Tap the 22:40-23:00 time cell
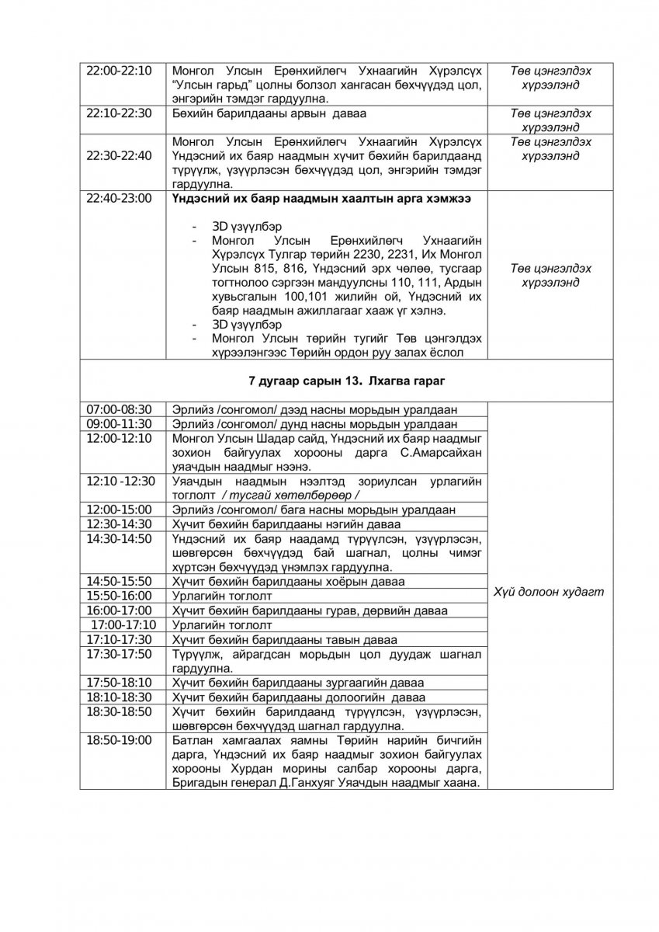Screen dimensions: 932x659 click(x=120, y=199)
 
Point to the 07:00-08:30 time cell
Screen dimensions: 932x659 click(x=120, y=409)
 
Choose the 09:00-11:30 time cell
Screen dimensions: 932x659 click(x=120, y=424)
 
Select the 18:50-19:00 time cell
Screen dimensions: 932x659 click(x=120, y=740)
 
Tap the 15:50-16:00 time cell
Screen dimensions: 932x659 click(x=120, y=596)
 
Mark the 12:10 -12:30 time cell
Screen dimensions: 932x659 click(x=120, y=481)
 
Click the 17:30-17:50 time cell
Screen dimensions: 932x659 click(x=120, y=654)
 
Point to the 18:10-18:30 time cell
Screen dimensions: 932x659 click(x=120, y=697)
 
